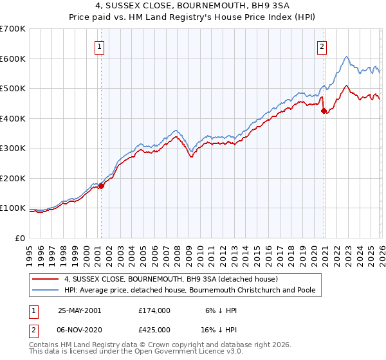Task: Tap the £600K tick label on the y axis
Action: click(x=13, y=59)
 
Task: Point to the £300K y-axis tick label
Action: click(x=13, y=148)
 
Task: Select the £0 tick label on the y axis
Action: click(x=21, y=239)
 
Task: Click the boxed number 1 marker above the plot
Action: click(x=101, y=46)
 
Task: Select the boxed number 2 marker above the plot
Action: click(x=321, y=46)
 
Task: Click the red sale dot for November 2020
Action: click(x=324, y=111)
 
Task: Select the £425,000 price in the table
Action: click(x=154, y=329)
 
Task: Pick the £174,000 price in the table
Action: click(x=154, y=310)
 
